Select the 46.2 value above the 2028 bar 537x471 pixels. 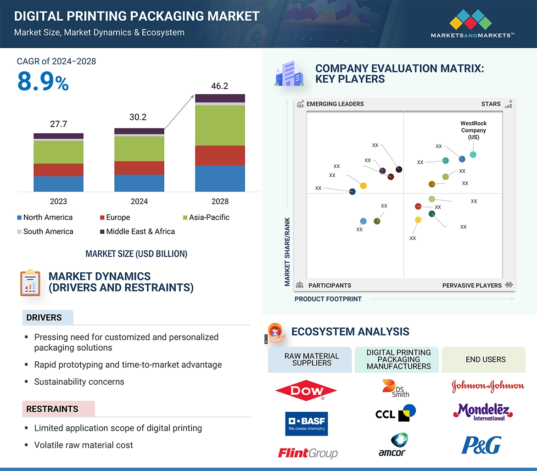tap(219, 86)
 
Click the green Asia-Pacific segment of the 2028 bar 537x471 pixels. tap(220, 125)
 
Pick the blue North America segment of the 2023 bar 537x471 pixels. tap(58, 184)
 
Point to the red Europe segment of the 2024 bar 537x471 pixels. tap(139, 168)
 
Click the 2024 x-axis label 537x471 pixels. tap(139, 201)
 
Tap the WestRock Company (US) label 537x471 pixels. tap(474, 130)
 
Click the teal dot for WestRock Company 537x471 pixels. tap(473, 155)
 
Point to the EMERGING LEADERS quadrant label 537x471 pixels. tap(335, 104)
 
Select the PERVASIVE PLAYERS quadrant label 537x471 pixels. tap(472, 285)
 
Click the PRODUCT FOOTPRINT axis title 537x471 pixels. tap(328, 299)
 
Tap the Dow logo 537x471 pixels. tap(306, 391)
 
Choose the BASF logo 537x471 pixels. tap(306, 423)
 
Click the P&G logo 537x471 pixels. tap(481, 445)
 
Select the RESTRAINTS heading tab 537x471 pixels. tap(52, 409)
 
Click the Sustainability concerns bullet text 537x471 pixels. tap(79, 381)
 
